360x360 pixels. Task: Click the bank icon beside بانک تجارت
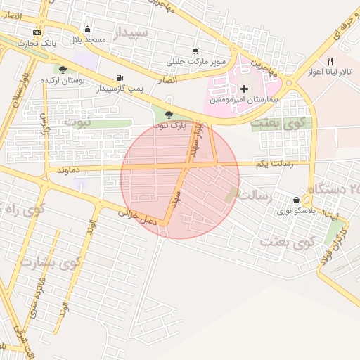click(37, 32)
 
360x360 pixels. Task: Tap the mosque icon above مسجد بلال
click(87, 30)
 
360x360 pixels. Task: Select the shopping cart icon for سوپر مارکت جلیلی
click(195, 51)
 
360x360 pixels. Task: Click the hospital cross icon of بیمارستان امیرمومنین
click(244, 89)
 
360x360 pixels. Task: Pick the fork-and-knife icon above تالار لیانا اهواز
click(330, 61)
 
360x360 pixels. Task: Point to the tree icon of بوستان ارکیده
click(63, 70)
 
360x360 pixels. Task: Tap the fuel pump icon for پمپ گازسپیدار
click(117, 77)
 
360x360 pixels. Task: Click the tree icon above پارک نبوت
click(169, 115)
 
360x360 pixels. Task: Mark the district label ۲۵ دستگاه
click(333, 188)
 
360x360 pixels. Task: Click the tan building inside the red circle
click(231, 194)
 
